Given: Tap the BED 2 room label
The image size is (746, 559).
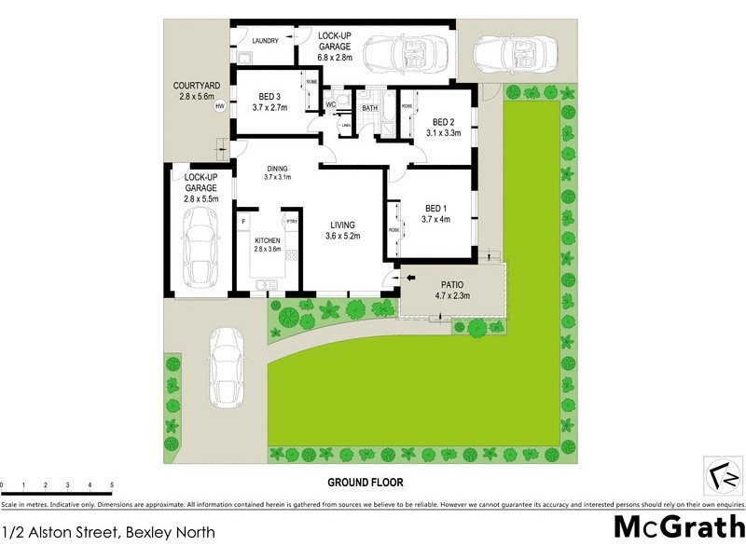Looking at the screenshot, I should [444, 122].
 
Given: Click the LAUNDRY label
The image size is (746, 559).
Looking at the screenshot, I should [266, 41].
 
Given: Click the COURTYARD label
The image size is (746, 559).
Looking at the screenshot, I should [195, 86].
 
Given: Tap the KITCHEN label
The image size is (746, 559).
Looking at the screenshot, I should [268, 239].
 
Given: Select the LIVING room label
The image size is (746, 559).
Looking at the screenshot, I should [342, 224].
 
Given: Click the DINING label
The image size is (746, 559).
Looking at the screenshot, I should [277, 169].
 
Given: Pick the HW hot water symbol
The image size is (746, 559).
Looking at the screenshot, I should [220, 106].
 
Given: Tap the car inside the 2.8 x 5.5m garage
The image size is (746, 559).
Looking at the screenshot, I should [200, 247].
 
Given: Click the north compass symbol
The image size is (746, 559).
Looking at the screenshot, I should [725, 478].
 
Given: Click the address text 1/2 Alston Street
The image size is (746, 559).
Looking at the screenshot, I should [108, 533].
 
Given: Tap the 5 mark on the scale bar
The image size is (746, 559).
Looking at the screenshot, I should [112, 485].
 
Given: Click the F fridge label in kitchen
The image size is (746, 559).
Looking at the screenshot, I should [242, 222].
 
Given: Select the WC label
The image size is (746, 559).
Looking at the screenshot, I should [329, 104].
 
